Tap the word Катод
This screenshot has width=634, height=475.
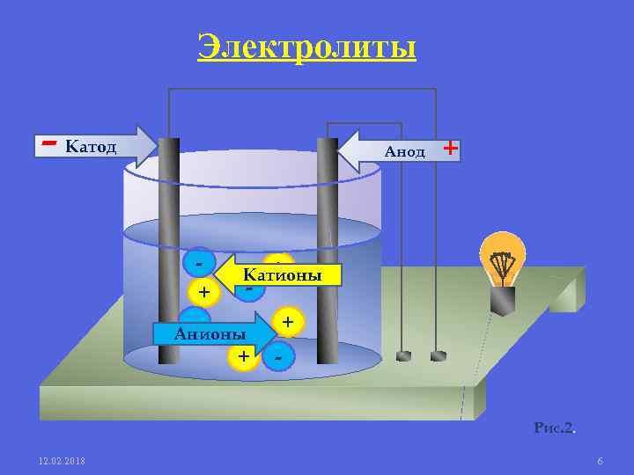point(91,146)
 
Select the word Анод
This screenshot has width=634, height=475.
point(404,151)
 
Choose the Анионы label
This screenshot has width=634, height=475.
point(210,333)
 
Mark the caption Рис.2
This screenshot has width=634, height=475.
point(554,428)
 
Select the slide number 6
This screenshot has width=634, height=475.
point(600,462)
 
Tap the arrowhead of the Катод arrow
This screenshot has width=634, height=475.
point(150,146)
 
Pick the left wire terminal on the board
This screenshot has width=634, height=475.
point(404,356)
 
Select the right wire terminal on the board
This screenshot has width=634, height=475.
point(438,356)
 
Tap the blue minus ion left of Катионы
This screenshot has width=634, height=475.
point(201,262)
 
